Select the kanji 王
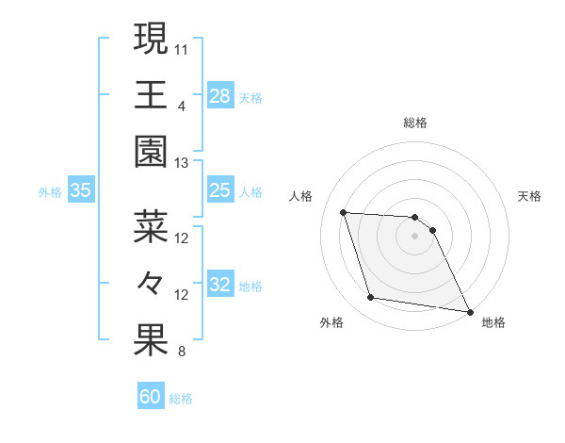[150, 94]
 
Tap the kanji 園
[150, 151]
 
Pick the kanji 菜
[150, 226]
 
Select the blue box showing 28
[219, 95]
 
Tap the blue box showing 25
[219, 190]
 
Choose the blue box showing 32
[219, 286]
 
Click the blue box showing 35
[81, 190]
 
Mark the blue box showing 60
[151, 397]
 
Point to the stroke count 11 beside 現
[182, 48]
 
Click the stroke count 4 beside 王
[182, 106]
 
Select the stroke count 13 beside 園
[182, 162]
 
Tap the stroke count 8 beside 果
[182, 353]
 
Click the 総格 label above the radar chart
[415, 123]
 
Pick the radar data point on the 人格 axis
[344, 212]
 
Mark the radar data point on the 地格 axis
[469, 311]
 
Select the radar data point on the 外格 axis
[371, 298]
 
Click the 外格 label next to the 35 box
[50, 191]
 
